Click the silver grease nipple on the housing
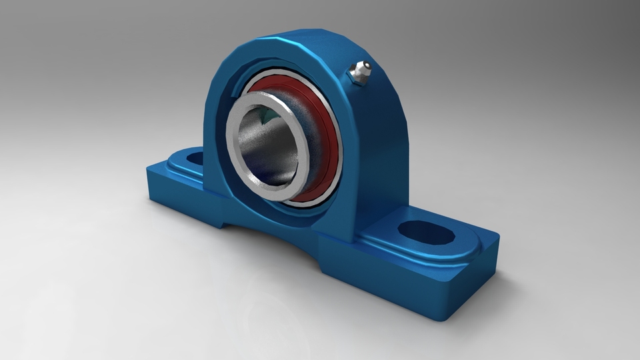pyautogui.click(x=360, y=73)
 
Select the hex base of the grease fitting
pyautogui.click(x=356, y=79)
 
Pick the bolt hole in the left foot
pyautogui.click(x=194, y=159)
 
